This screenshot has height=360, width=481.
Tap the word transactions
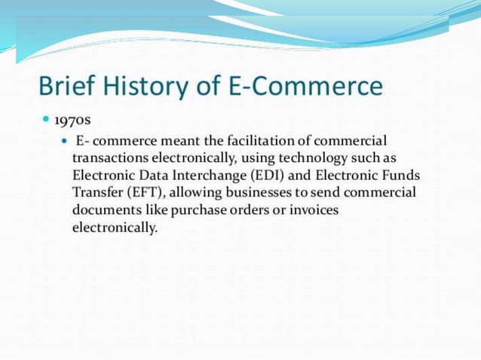(109, 158)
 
